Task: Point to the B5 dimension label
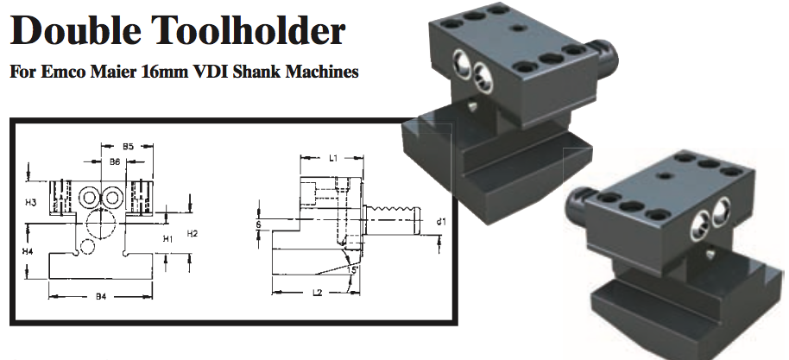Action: [128, 147]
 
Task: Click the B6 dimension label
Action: [115, 161]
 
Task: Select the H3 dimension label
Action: [31, 202]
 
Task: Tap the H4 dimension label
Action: [28, 250]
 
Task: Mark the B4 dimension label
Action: [100, 297]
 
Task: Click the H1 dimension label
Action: [169, 237]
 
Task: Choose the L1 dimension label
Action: [333, 158]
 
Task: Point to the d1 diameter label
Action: [441, 222]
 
